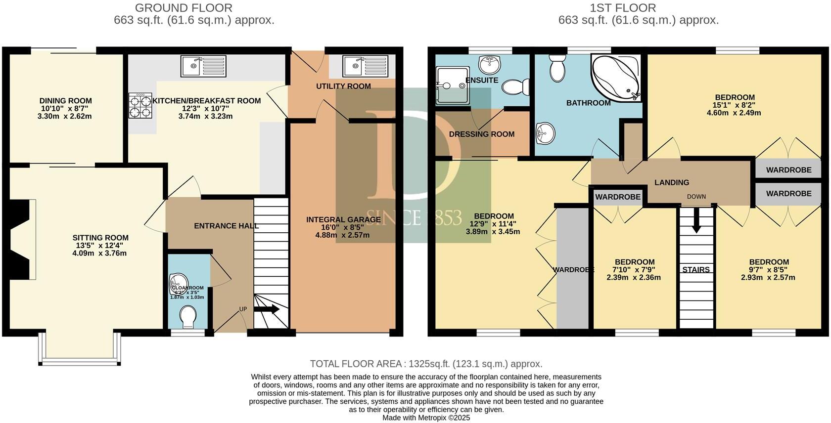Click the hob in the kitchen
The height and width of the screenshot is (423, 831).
tap(140, 106)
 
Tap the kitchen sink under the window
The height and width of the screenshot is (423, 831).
tap(203, 66)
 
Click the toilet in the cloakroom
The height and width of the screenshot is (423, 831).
tap(188, 316)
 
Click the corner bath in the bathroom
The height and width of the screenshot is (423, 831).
tap(616, 77)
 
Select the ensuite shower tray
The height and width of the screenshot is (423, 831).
tap(451, 85)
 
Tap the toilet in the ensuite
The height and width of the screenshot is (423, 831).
tap(515, 88)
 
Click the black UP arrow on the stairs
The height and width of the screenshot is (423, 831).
tap(267, 309)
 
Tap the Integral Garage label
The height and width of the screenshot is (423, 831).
tap(343, 219)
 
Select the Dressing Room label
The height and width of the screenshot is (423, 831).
tap(481, 134)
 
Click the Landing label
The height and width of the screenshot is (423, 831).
tap(671, 182)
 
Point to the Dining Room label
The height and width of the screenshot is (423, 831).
tap(66, 101)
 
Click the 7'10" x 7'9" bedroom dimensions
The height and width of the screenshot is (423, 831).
tap(635, 270)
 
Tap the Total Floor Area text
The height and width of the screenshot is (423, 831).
tap(426, 364)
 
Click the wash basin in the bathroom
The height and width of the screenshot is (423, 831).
tap(546, 132)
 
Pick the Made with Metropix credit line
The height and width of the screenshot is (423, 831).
tap(426, 418)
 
